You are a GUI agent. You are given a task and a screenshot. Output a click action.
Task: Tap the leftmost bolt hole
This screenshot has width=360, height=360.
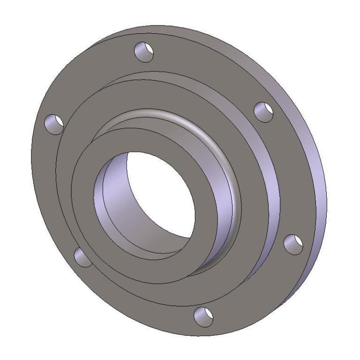54,124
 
